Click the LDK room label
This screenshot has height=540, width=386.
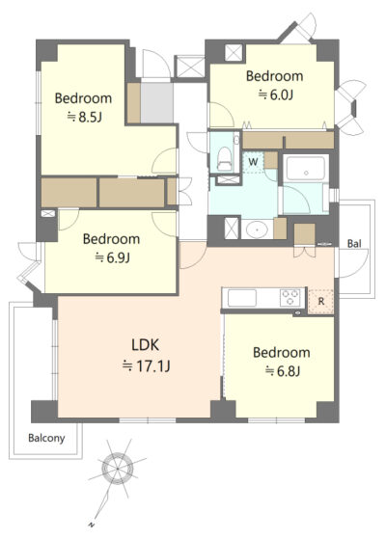pos(146,345)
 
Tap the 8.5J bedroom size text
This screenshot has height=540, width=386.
pos(84,118)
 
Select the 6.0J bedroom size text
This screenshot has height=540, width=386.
pos(275,94)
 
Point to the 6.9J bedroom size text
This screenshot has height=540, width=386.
pos(112,257)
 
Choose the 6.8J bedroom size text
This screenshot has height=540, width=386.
pos(283,371)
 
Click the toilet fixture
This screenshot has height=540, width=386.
pos(224,159)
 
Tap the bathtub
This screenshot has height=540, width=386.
pos(305,168)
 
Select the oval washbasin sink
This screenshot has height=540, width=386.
pos(257,229)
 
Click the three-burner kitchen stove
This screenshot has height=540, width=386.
pos(290,298)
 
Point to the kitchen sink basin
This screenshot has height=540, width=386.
pos(241,298)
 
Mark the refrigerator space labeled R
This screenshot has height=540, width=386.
pos(320,301)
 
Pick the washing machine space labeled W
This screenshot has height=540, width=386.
pos(253,162)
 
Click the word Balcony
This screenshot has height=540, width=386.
pos(46,438)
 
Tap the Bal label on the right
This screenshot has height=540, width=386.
pos(354,244)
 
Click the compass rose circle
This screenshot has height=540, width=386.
pos(118,469)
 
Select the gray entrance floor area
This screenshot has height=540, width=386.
pos(156,102)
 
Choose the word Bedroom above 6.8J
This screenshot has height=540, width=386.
pos(282,353)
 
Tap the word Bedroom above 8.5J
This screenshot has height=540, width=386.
pos(83,98)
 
